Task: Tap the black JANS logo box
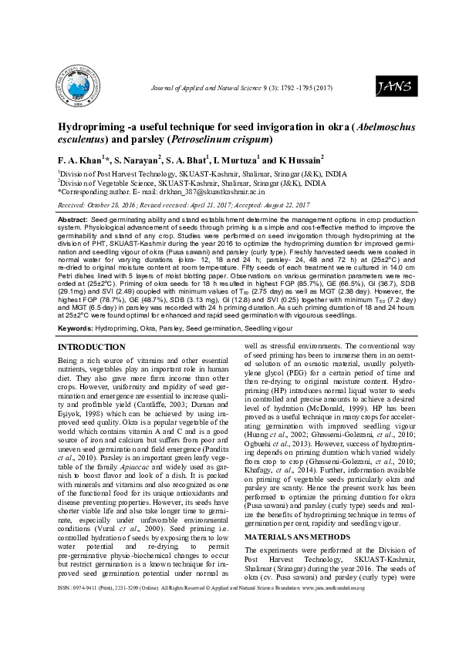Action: pos(393,86)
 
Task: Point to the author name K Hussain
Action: pos(297,160)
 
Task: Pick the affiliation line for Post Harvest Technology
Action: pos(192,175)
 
